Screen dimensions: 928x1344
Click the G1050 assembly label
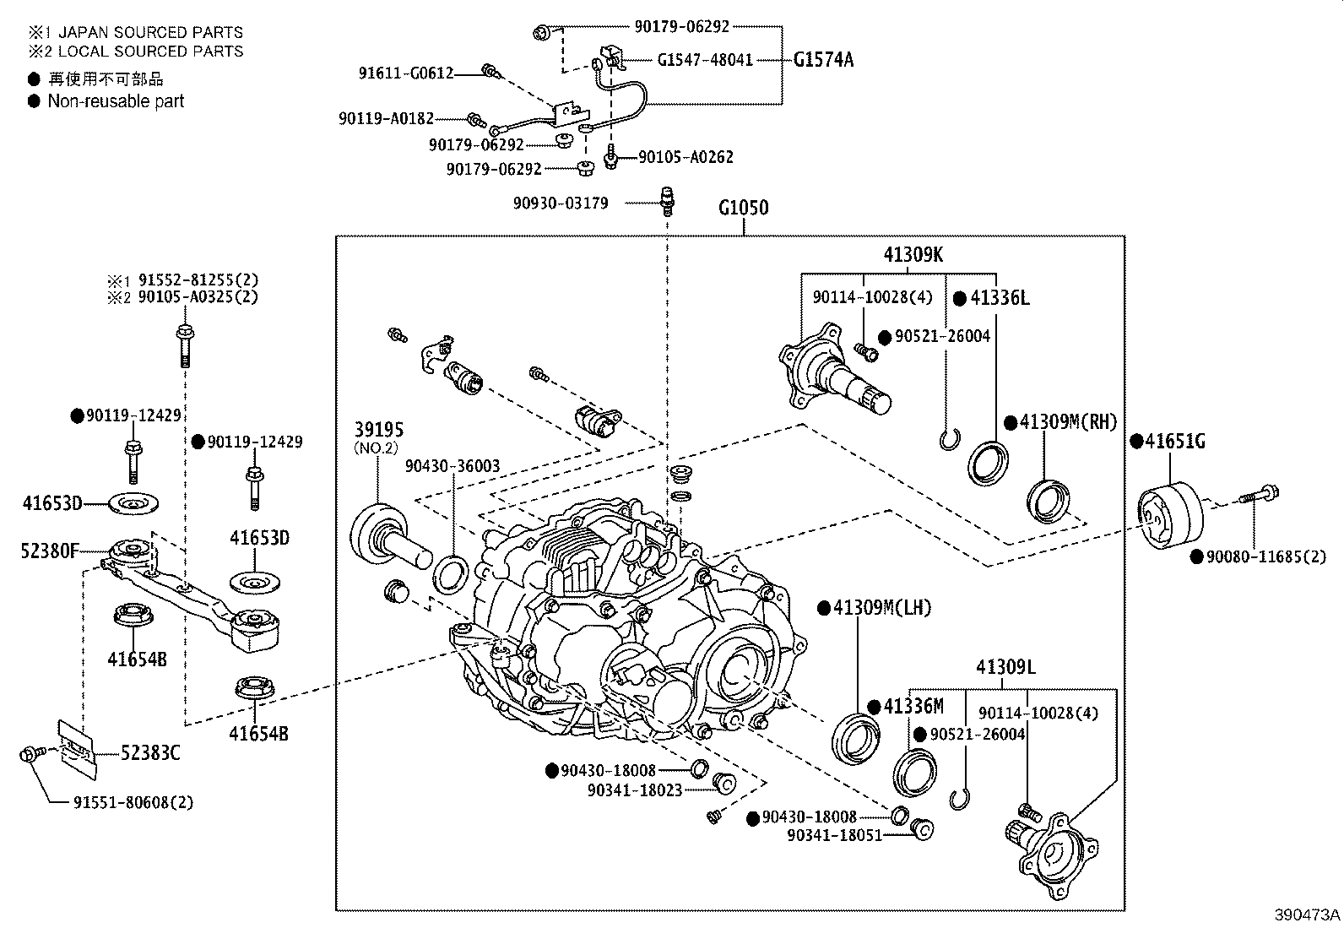743,208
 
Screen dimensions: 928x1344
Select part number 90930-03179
561,204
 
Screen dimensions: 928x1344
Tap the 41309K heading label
913,254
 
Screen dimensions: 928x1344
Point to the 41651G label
1174,441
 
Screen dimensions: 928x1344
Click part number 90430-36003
452,466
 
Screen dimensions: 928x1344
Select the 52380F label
49,551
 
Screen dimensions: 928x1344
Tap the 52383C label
149,752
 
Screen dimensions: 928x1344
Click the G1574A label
823,60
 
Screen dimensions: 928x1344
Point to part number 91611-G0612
404,73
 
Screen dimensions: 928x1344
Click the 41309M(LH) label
881,608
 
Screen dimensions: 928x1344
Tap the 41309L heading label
1005,668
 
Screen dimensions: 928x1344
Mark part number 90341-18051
834,835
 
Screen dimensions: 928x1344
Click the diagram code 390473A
1307,914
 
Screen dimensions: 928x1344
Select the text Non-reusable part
116,101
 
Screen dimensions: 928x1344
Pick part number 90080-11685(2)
1265,556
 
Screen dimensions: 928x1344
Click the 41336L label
1000,298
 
